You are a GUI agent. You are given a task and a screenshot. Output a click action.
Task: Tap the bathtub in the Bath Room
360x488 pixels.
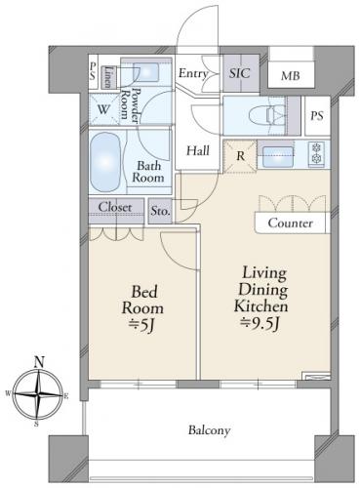[105, 162]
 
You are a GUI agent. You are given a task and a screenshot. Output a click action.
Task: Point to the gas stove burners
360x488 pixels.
[316, 153]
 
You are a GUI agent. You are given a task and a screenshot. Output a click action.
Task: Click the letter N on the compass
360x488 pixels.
[39, 361]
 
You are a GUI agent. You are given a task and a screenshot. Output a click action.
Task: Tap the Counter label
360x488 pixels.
[291, 223]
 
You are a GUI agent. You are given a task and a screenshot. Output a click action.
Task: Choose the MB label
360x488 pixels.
[291, 76]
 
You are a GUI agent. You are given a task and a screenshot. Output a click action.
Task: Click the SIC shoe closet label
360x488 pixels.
[240, 73]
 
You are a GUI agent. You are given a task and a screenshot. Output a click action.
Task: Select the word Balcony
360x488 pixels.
[210, 430]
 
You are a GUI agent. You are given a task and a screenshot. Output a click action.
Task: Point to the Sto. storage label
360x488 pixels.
[160, 211]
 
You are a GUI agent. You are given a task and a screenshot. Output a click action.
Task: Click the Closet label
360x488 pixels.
[115, 207]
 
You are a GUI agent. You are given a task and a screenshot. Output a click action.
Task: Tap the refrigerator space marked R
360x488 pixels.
[240, 156]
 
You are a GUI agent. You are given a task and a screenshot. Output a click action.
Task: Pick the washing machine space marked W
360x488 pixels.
[103, 109]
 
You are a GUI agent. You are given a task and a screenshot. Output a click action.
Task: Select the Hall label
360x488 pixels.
[198, 150]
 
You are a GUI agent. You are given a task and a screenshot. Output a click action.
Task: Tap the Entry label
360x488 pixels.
[193, 73]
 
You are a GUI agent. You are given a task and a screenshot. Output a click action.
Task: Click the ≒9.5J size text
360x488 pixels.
[260, 323]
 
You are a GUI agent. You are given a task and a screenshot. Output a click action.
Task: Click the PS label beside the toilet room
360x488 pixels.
[317, 116]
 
